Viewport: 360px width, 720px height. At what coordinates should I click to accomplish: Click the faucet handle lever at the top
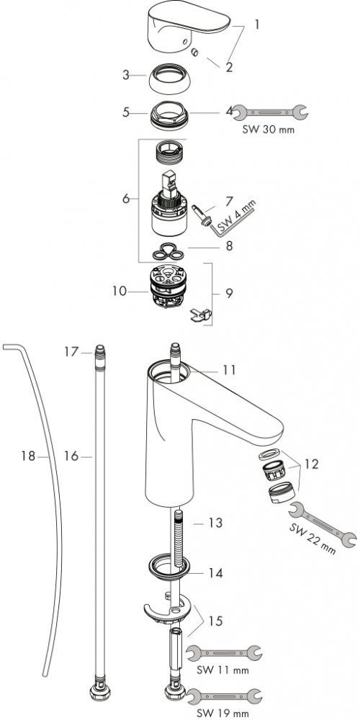pos(187,23)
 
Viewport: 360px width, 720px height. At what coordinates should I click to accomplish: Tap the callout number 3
pos(126,75)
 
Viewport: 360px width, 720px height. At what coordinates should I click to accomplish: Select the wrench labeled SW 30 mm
pos(269,112)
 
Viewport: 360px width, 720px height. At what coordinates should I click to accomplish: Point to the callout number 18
pos(28,456)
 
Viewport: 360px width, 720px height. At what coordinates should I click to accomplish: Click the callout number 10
pos(119,291)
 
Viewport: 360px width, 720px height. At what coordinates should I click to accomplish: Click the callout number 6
pos(126,199)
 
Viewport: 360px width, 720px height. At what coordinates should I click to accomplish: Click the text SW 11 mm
pos(222,670)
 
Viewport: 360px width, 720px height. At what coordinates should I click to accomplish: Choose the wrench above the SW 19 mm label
pos(224,696)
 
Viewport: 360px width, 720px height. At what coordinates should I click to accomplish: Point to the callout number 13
pos(215,523)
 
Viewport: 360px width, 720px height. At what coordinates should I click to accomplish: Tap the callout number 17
pos(71,352)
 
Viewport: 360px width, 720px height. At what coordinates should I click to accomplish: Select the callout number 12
pos(311,464)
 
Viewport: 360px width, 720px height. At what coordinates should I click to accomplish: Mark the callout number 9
pos(229,292)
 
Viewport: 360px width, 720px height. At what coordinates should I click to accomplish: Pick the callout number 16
pos(71,456)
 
